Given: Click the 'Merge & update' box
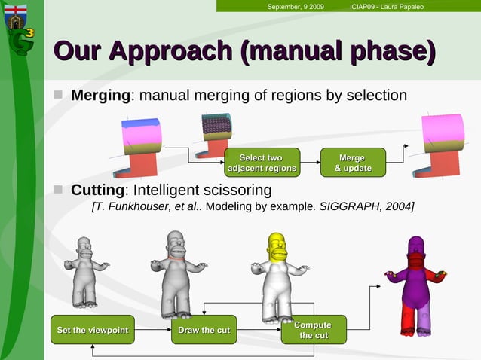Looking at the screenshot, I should [x=352, y=163].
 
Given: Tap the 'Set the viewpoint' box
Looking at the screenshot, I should [x=92, y=330].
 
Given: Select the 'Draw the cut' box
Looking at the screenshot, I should [x=204, y=330].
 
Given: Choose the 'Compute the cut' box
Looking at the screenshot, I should [x=313, y=330].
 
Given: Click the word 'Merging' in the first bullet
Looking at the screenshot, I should [x=100, y=96].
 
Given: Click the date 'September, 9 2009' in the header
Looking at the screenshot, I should [x=296, y=7].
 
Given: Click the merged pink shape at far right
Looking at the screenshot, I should [x=443, y=144].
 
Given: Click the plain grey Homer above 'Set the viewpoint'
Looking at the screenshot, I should [x=84, y=271].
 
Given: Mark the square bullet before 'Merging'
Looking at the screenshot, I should [x=58, y=96].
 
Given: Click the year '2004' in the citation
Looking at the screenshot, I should [x=397, y=206].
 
